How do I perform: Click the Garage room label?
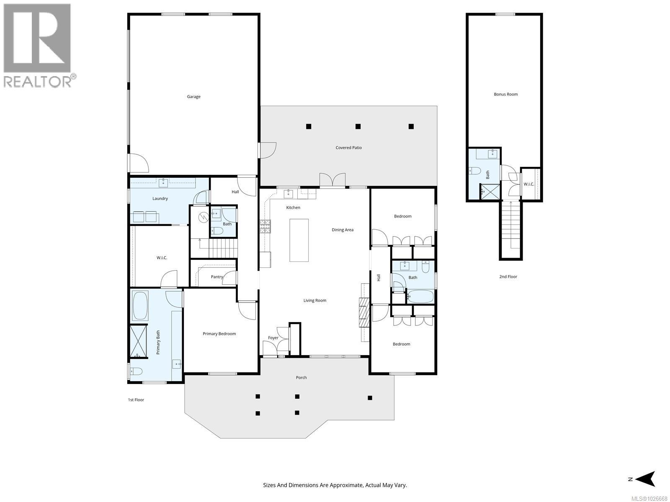193,97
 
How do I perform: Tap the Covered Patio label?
348,148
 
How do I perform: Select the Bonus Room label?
505,94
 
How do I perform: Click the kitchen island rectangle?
299,240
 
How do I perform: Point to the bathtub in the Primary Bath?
140,306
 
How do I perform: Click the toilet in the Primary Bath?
136,371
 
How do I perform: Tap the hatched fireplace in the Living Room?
363,312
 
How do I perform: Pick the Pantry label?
217,277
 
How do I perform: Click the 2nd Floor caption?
508,277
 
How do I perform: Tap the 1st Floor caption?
136,400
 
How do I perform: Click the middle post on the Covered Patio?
358,126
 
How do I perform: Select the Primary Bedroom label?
219,334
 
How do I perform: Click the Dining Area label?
343,230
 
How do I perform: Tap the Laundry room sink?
163,182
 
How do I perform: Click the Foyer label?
273,338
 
